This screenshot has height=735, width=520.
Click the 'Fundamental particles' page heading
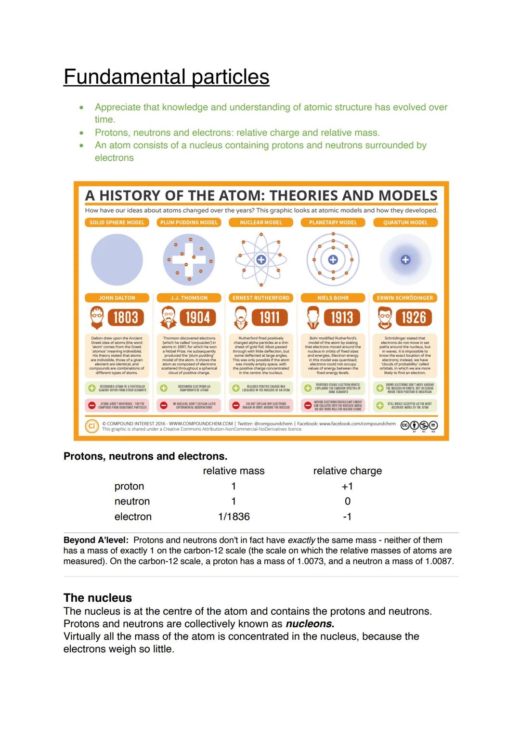coord(166,77)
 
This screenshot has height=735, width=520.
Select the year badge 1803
coord(125,318)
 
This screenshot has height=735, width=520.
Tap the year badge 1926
coord(413,318)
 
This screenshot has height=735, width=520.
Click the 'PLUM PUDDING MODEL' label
coord(189,222)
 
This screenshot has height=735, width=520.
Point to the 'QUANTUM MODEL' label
coord(405,222)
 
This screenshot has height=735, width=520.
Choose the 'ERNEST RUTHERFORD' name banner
coord(261,298)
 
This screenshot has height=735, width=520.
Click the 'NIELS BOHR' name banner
coord(333,298)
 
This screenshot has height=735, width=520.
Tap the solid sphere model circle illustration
coord(117,260)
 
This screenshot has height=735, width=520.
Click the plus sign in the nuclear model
coord(261,260)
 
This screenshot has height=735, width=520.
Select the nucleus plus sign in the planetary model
coord(333,260)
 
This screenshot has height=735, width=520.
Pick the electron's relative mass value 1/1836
coord(234,517)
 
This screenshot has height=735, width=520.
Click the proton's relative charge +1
coord(347,487)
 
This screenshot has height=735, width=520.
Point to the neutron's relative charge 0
coord(347,502)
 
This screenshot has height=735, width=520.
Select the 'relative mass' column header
coord(234,471)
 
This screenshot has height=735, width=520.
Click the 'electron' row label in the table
coord(133,517)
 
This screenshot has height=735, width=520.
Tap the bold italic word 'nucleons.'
coord(310,624)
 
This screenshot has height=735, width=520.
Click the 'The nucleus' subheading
coord(98,598)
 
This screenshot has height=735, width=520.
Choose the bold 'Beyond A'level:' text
coord(96,541)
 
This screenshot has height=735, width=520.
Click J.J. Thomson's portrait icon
coord(168,318)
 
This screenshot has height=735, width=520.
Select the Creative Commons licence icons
coord(419,425)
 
